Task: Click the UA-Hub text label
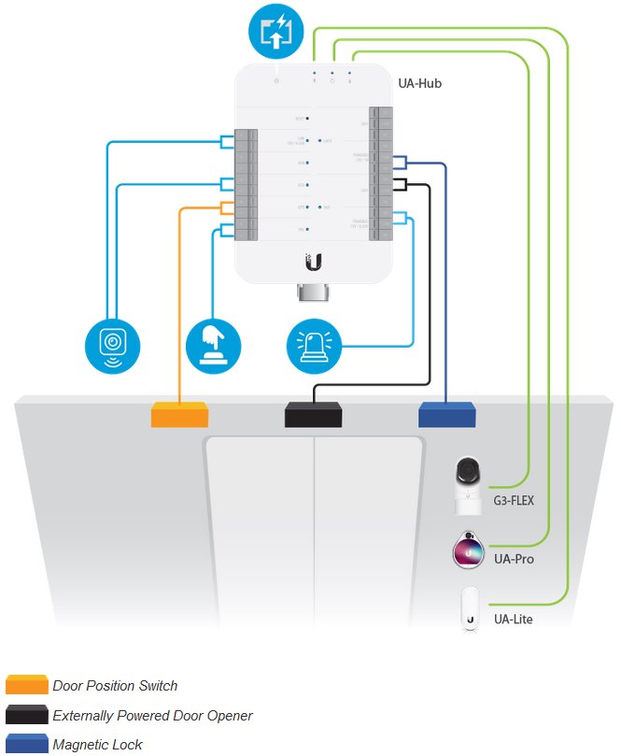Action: pyautogui.click(x=424, y=83)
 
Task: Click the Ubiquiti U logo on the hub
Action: pyautogui.click(x=313, y=262)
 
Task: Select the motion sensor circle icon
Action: pyautogui.click(x=112, y=343)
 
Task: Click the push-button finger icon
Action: pyautogui.click(x=214, y=343)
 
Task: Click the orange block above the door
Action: pyautogui.click(x=179, y=414)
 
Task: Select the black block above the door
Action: pyautogui.click(x=313, y=414)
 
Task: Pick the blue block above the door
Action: pyautogui.click(x=446, y=414)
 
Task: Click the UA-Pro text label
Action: pyautogui.click(x=514, y=560)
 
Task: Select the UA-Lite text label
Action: pyautogui.click(x=513, y=619)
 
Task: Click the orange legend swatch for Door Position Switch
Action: pyautogui.click(x=26, y=685)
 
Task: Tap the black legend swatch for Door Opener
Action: pyautogui.click(x=26, y=715)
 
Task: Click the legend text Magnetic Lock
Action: pyautogui.click(x=97, y=745)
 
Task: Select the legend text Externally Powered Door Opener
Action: pyautogui.click(x=152, y=716)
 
